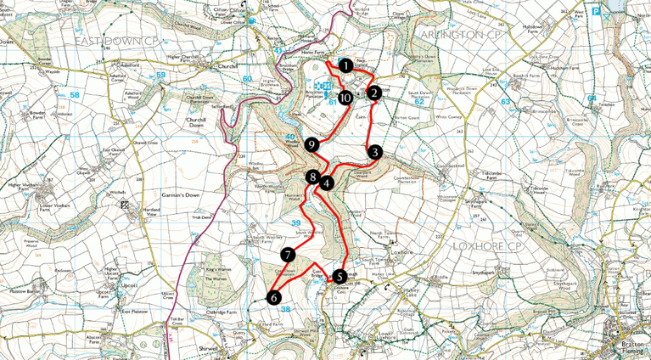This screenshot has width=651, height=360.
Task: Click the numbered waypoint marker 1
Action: pos(345,65)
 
